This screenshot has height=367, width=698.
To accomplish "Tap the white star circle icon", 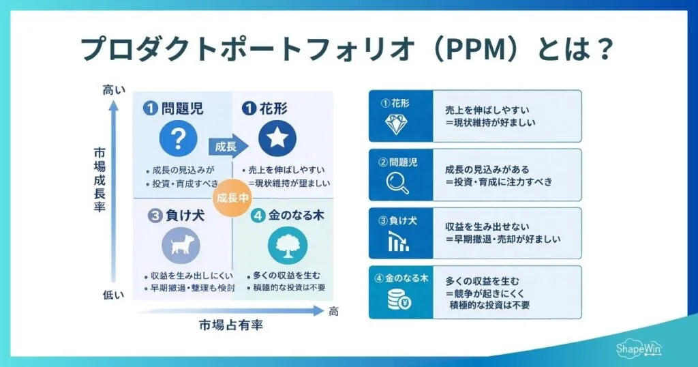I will tap(277, 139).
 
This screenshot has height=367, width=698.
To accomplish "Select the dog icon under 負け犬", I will tap(181, 245).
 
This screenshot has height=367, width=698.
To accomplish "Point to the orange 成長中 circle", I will tap(232, 198).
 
